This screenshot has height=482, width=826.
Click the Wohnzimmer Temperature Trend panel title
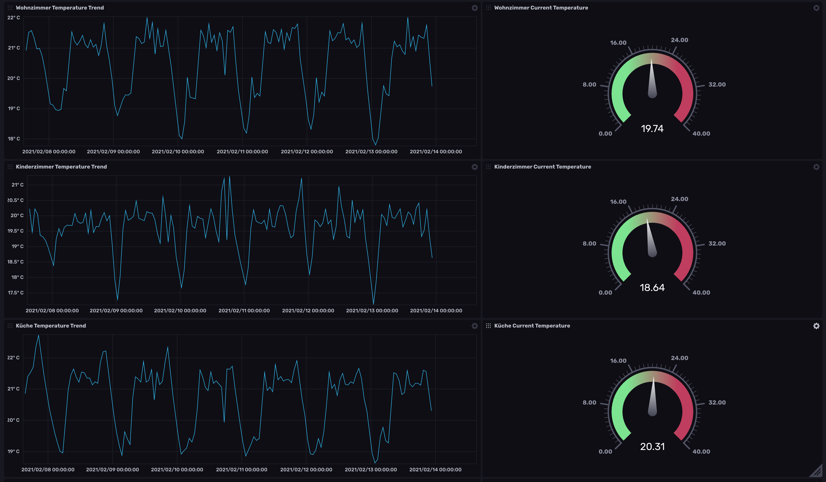[60, 7]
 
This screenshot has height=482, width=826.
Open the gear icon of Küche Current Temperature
[816, 326]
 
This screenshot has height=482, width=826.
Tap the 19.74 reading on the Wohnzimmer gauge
[652, 128]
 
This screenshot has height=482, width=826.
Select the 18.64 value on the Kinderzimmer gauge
[652, 287]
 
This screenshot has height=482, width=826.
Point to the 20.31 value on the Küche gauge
[652, 446]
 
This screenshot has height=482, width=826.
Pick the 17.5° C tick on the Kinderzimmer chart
[15, 293]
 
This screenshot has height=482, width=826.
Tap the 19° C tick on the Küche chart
[13, 451]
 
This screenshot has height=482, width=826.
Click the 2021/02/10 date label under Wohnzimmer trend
[178, 151]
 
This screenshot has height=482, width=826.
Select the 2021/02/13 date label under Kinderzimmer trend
[372, 310]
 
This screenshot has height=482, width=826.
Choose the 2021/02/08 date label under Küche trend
[48, 469]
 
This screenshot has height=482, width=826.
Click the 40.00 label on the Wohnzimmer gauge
[701, 133]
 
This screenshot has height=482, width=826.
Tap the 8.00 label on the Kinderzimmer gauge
[589, 243]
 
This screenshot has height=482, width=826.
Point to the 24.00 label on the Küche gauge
[679, 358]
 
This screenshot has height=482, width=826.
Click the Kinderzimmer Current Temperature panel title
[542, 166]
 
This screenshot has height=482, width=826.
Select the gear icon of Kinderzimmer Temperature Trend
[474, 167]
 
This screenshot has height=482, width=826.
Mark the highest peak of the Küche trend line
[39, 335]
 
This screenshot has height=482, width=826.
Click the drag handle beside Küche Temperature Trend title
[10, 326]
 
